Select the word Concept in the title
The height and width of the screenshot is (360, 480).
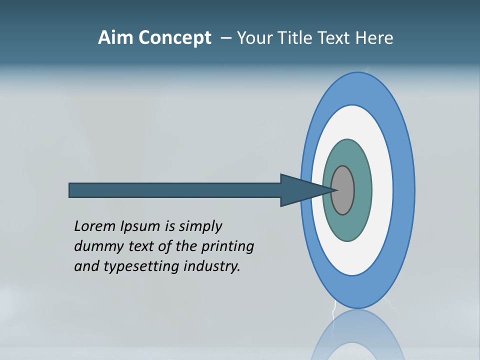coord(174,38)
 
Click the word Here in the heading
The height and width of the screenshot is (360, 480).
coord(374,38)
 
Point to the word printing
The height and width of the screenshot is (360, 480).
coord(227,246)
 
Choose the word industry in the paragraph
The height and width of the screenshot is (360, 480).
coord(212,266)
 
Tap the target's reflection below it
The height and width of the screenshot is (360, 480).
coord(357,335)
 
